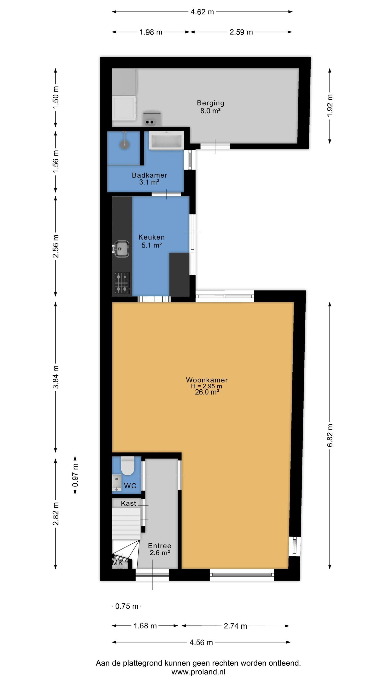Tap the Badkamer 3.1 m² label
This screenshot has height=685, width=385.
[150, 178]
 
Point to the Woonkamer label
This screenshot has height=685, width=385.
[207, 380]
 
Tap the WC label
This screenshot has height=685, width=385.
[130, 486]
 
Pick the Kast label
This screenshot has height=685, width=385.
[128, 503]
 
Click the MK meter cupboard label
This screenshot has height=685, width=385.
[117, 563]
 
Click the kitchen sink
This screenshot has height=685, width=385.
[121, 249]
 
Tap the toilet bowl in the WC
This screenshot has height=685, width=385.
[127, 466]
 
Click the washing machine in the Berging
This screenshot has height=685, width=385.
[124, 108]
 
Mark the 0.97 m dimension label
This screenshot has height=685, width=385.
[75, 475]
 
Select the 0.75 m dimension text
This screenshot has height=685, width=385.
[127, 606]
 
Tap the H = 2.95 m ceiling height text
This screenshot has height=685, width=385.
[206, 386]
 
